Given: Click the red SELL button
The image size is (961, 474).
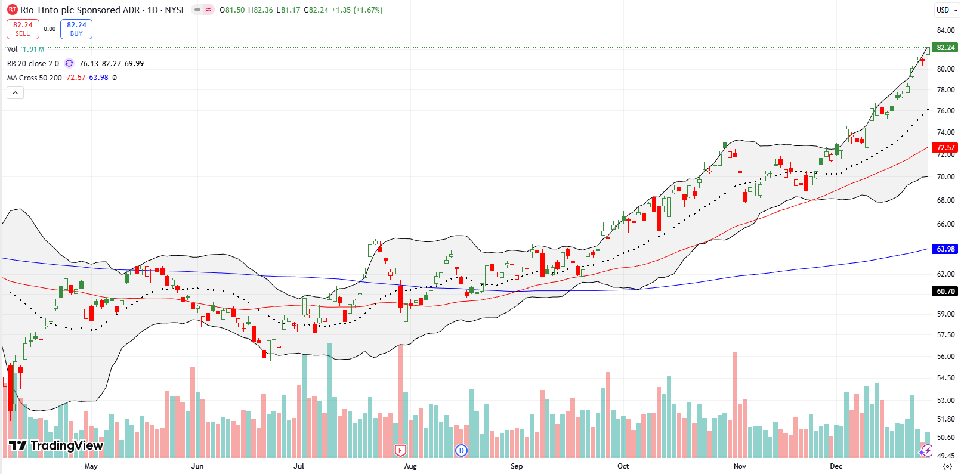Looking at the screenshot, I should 23,29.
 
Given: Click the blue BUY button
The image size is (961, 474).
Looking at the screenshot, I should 76,29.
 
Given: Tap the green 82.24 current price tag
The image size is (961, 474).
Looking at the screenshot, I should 945,48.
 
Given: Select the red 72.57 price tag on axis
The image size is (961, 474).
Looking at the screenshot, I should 945,147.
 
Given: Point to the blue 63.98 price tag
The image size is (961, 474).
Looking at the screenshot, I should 945,249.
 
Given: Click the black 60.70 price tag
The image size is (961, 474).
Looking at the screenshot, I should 945,291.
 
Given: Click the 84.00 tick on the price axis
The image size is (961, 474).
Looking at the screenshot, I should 945,30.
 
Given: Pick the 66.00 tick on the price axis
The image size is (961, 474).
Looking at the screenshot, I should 945,224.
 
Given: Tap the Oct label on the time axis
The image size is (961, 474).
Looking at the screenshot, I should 623,466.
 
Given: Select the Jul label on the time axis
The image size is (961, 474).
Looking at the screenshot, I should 298,466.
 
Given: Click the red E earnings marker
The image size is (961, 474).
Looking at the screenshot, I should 401,450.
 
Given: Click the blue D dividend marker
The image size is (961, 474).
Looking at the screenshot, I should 461,450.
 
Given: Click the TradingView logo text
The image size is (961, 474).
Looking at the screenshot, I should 57,445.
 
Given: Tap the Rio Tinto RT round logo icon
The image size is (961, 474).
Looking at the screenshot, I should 12,10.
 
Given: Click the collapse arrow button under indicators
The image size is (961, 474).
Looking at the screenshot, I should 16,92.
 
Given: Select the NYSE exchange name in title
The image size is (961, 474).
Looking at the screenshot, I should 175,10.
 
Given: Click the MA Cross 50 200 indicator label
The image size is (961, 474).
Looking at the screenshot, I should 35,78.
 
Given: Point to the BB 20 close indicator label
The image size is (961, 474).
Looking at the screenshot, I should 33,63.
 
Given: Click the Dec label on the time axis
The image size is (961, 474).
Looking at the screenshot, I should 836,466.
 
